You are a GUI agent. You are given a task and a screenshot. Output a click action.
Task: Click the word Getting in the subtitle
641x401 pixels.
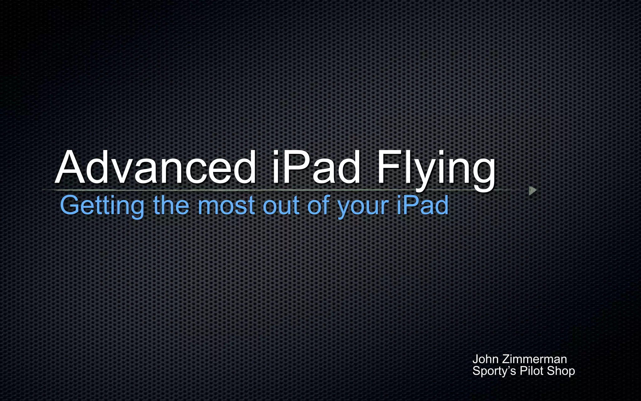(x=102, y=206)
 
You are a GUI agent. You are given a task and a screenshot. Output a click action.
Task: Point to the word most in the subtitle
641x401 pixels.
(x=226, y=206)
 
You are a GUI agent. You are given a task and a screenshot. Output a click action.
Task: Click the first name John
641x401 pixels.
(x=485, y=359)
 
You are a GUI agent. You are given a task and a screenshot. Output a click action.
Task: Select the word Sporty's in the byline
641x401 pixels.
(x=494, y=371)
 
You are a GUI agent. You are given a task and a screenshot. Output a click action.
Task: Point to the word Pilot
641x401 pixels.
(x=531, y=371)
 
